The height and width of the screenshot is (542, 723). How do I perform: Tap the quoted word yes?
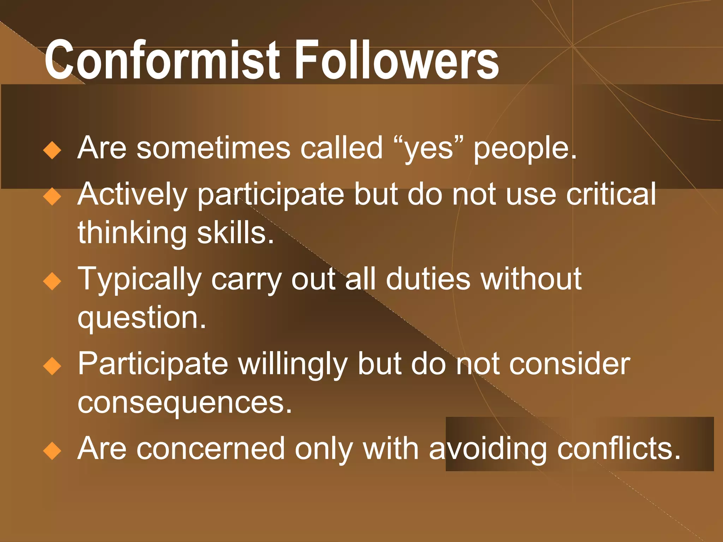point(429,148)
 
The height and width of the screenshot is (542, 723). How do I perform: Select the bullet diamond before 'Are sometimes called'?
point(52,150)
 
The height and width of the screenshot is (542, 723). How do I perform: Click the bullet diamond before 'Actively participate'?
point(52,197)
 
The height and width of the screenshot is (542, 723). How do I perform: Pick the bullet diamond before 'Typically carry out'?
point(52,281)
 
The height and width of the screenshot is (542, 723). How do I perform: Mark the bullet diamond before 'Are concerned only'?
point(52,451)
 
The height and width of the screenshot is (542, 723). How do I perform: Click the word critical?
point(611,194)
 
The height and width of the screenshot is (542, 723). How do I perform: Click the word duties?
point(428,279)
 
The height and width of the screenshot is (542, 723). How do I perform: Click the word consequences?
point(184,403)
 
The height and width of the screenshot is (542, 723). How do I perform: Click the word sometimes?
point(213,148)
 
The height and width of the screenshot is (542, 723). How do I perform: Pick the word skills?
point(235,233)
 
